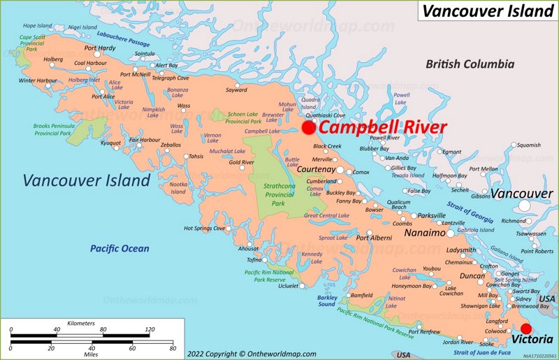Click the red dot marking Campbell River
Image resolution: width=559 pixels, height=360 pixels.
tap(308, 128)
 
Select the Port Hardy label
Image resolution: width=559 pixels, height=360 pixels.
tap(100, 48)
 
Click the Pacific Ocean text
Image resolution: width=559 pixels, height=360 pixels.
tap(119, 248)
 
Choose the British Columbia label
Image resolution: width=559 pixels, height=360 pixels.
tap(470, 64)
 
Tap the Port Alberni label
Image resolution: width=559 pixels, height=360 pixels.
tap(375, 238)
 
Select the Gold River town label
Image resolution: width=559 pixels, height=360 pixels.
tap(242, 162)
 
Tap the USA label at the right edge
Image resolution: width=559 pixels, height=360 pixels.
tap(547, 298)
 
